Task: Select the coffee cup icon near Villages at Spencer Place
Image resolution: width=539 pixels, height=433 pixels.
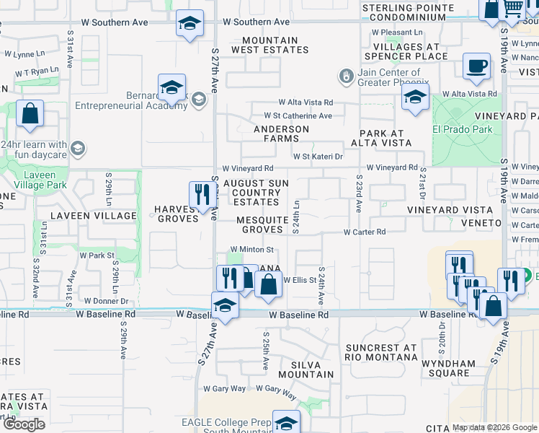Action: point(476,68)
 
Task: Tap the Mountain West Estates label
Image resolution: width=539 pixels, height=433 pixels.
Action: point(270,45)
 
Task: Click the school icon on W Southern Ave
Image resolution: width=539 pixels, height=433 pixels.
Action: point(190,25)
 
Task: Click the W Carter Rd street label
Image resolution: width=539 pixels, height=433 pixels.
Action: point(365,232)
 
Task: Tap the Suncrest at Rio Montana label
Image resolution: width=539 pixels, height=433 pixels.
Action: point(380,352)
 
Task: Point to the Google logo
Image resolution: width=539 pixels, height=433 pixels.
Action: point(24,424)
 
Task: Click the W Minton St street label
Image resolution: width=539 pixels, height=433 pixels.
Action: point(252,250)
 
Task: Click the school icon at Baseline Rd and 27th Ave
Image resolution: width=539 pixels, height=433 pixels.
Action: point(225,306)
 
